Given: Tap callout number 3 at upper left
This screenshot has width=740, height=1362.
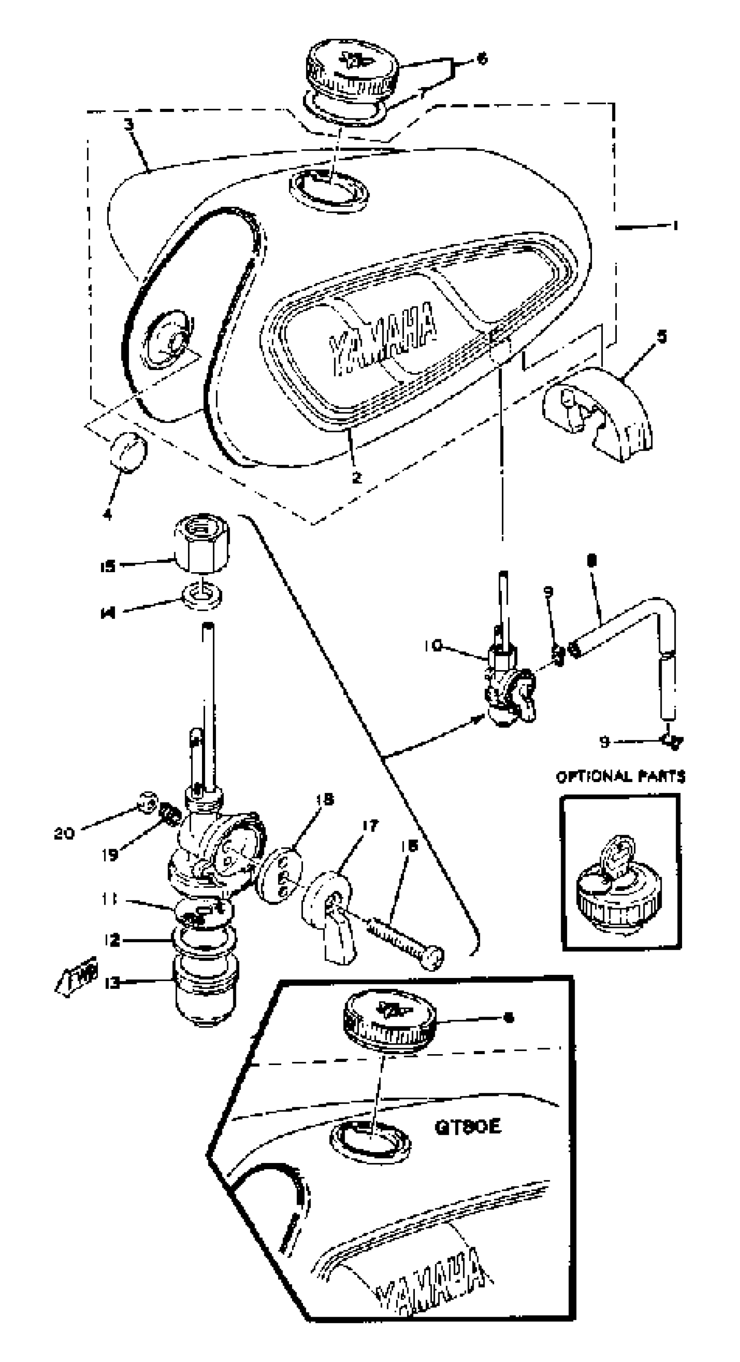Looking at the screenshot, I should pos(128,125).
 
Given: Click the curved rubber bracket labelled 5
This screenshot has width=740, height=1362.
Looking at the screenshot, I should pos(602,412).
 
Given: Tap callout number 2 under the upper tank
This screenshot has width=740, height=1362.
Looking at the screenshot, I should pos(357,477).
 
